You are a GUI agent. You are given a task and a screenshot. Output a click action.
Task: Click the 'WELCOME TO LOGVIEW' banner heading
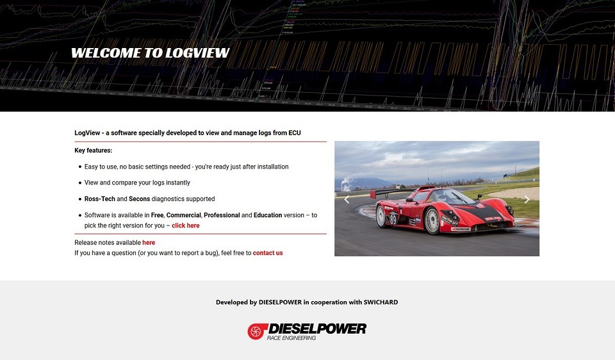point(150,53)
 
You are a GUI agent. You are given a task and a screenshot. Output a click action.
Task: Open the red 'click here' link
point(186,225)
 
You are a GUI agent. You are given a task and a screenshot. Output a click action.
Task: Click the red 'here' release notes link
point(149,243)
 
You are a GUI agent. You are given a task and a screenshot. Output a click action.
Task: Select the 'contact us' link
point(268,253)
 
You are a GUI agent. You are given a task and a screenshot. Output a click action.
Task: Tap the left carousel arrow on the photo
point(347,200)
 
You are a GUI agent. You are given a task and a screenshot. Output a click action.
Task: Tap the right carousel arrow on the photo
point(527,200)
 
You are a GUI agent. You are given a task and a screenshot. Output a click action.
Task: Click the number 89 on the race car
point(393,219)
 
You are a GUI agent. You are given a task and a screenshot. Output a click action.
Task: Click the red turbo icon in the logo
point(256,331)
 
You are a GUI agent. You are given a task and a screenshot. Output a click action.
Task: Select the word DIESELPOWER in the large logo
point(317,329)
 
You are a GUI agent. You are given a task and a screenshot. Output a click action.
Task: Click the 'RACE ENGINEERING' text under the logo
point(291,338)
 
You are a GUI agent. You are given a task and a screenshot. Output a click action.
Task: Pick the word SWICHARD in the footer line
point(381,302)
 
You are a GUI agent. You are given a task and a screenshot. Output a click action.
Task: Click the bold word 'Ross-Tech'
point(100,199)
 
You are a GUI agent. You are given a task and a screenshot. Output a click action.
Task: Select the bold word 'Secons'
point(140,199)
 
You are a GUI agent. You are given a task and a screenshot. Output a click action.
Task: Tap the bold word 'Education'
point(268,215)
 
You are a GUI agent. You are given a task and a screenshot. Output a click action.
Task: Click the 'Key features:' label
point(94,150)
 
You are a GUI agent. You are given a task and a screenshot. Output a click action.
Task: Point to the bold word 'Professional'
point(222,215)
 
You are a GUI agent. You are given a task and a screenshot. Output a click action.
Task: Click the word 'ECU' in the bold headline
point(295,133)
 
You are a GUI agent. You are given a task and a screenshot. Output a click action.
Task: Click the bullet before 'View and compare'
point(80,183)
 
